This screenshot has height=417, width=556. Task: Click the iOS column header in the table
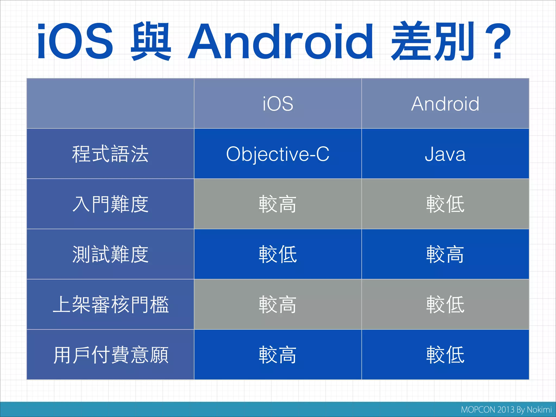click(278, 104)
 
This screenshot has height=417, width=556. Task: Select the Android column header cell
click(445, 104)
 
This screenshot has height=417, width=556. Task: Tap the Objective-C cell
click(278, 154)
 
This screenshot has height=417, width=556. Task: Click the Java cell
click(445, 154)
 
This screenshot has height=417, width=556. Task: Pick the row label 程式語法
click(110, 154)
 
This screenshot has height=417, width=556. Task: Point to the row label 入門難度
click(110, 204)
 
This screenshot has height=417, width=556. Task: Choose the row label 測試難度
click(110, 254)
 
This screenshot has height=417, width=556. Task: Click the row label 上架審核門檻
click(110, 305)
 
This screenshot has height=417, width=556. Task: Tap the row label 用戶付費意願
click(110, 355)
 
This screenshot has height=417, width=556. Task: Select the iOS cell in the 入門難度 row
click(278, 204)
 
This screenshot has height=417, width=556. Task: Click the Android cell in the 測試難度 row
click(445, 254)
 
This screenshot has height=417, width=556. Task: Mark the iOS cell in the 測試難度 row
click(278, 254)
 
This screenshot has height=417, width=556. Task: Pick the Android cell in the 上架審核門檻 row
click(445, 305)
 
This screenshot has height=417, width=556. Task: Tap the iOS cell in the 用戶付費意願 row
click(278, 355)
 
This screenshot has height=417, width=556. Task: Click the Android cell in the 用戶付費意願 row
click(445, 355)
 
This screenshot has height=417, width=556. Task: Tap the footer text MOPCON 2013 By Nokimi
click(506, 410)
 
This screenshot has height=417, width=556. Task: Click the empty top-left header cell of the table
click(110, 104)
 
